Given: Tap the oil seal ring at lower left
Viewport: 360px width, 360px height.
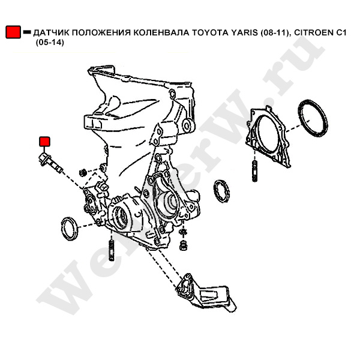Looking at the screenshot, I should click(x=69, y=229).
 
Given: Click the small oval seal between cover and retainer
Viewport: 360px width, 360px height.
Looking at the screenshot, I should click(x=222, y=191).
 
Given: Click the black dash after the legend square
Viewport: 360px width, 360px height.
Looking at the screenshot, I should click(x=27, y=32).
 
